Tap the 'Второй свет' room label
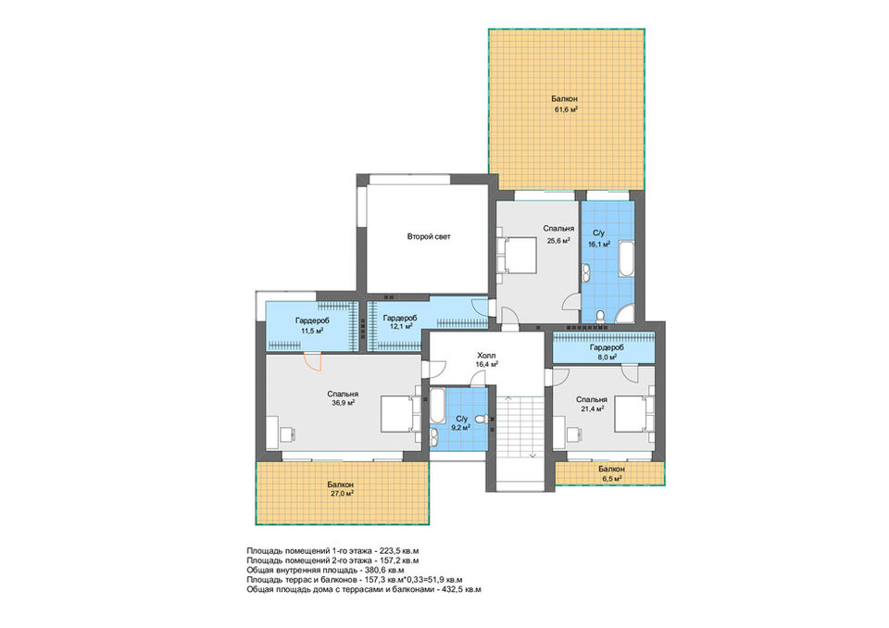coord(429,236)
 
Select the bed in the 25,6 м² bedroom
coord(517,256)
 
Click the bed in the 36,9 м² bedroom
coord(400,414)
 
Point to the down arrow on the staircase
coord(532,455)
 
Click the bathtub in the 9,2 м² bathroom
coord(435,408)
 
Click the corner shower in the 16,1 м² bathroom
coord(625,314)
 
